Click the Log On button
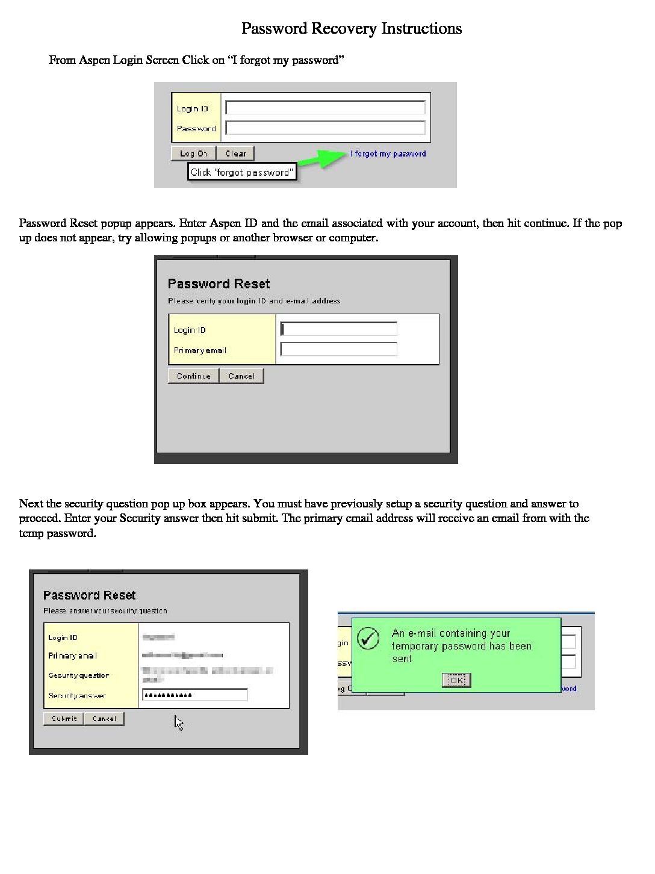pos(193,153)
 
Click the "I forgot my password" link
pos(388,153)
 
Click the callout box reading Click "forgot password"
pos(242,172)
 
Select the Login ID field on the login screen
pos(325,108)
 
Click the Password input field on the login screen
pos(325,128)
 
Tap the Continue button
pos(193,376)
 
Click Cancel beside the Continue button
pos(241,376)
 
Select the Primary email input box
pos(339,349)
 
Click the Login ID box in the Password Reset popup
pos(339,329)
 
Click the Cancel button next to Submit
pos(104,719)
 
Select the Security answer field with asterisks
pos(194,695)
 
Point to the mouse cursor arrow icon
pos(179,722)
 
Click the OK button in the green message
pos(456,680)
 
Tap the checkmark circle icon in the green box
pos(368,638)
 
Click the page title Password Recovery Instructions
pos(352,28)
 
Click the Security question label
pos(79,675)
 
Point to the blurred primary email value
pos(182,655)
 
